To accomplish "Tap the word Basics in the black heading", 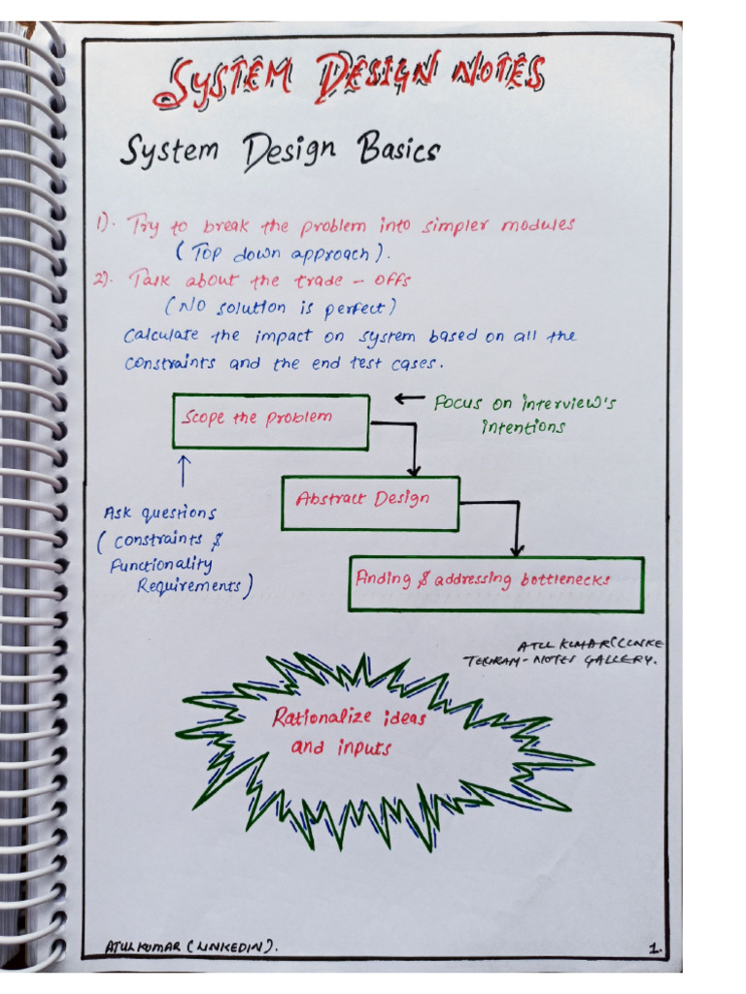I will tap(398, 149).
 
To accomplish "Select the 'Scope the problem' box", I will tap(270, 421).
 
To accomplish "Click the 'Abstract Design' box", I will tap(369, 503).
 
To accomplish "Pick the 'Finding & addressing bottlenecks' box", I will tap(495, 582).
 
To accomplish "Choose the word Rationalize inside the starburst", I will tap(321, 718).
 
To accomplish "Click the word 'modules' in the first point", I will tap(537, 225).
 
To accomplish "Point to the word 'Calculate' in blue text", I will tap(161, 336).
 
